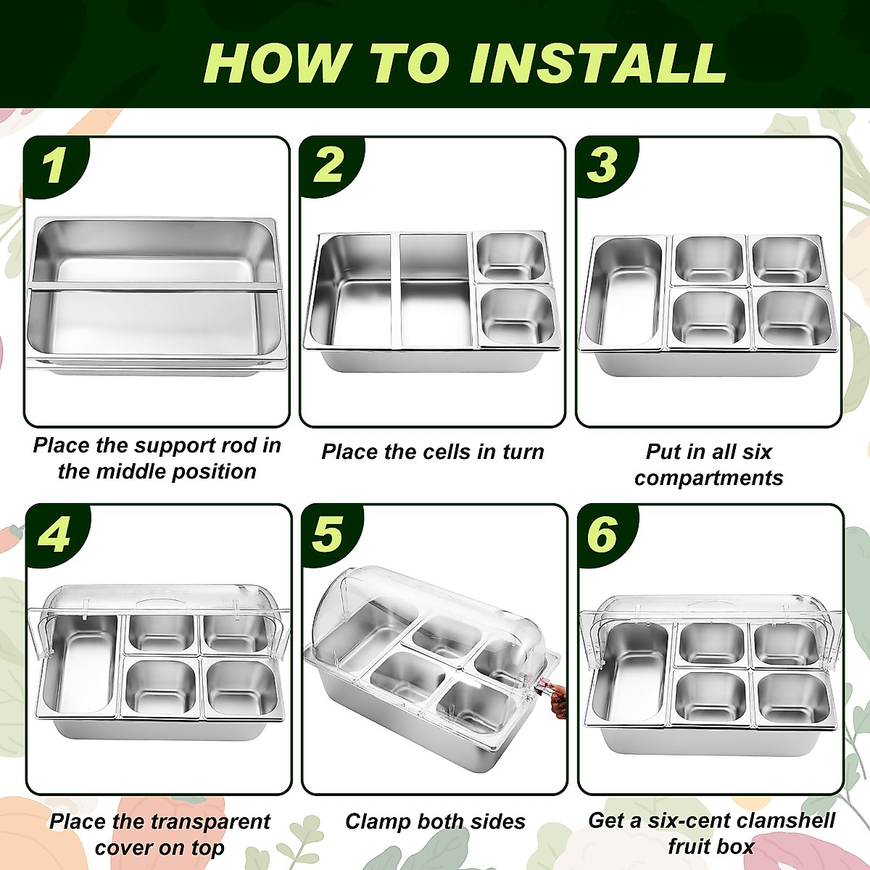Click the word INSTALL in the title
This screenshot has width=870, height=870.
pos(598,63)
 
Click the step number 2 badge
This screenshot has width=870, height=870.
pos(330,166)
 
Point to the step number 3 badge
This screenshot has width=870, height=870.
pos(605,166)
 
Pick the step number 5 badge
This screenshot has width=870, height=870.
pos(331,535)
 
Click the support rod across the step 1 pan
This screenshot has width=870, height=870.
pos(154,286)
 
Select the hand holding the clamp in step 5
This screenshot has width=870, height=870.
pos(559,697)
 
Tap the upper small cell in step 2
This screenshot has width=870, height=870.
pos(511,258)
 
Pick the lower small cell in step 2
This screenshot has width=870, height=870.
pos(518,317)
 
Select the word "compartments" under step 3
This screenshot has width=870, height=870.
pos(708,478)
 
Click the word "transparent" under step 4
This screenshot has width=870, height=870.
pos(211,821)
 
